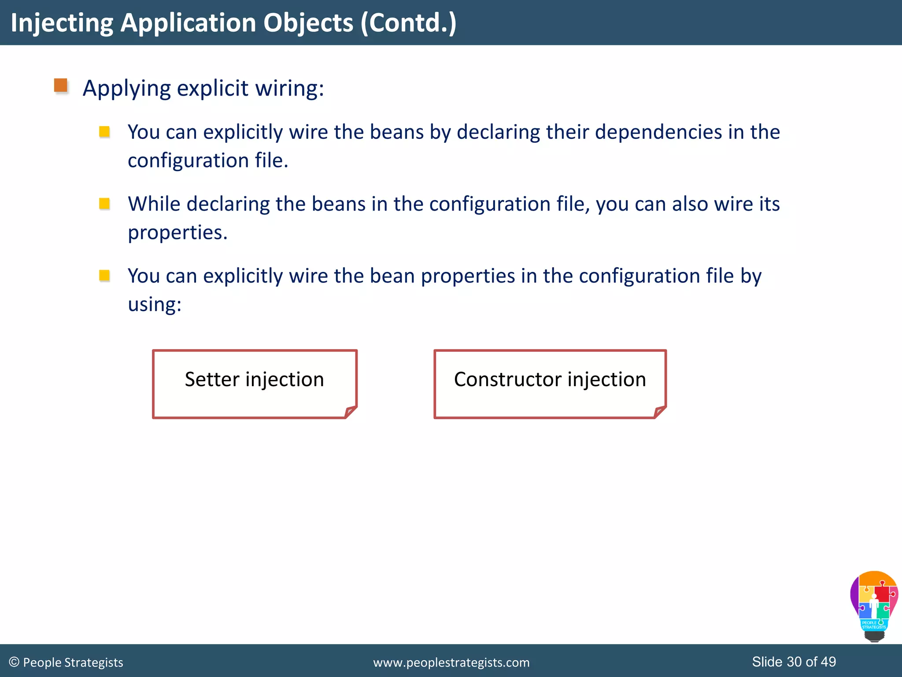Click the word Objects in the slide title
point(308,23)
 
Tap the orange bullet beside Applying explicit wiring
point(61,86)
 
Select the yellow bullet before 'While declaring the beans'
point(104,204)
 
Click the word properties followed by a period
point(177,233)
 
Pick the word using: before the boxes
point(155,305)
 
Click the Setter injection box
point(254,383)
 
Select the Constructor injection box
point(550,383)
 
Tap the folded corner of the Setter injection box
point(351,412)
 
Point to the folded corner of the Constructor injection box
point(660,412)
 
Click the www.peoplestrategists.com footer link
point(451,662)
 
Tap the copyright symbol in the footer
point(14,662)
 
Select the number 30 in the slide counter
point(794,662)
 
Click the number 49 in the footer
point(828,662)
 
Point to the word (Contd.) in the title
point(408,23)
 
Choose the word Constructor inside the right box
point(508,379)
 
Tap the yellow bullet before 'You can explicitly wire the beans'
point(104,132)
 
